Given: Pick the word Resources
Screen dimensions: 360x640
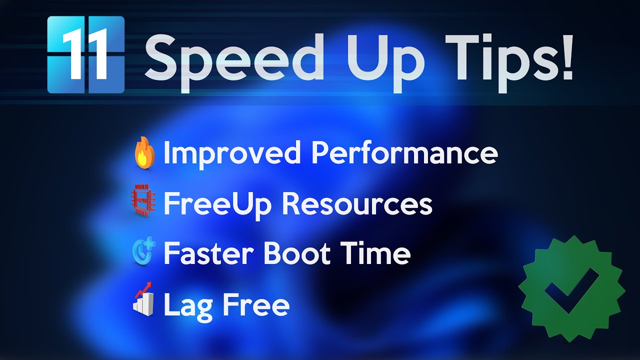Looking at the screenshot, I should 357,203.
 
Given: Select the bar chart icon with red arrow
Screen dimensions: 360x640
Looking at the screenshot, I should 143,299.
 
